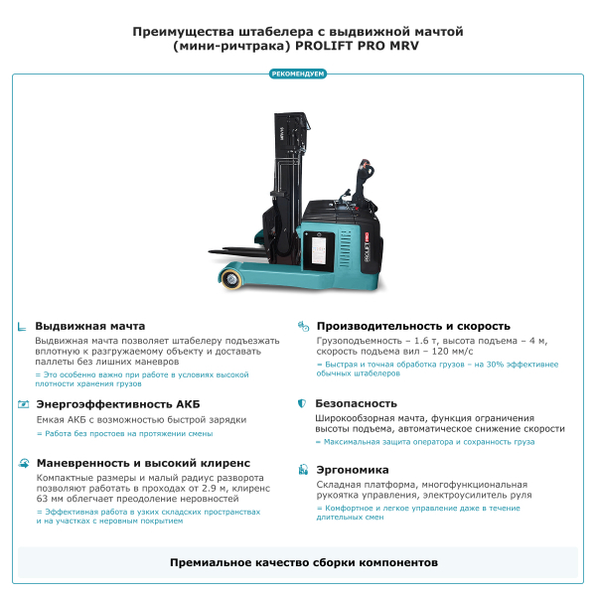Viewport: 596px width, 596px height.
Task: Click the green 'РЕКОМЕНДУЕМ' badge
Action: [x=298, y=74]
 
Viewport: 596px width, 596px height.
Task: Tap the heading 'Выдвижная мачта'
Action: [x=90, y=326]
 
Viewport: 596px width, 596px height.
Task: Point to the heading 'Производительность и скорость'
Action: [x=412, y=326]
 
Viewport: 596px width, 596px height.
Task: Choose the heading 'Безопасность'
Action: [x=356, y=404]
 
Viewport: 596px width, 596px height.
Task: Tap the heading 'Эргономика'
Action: [x=352, y=470]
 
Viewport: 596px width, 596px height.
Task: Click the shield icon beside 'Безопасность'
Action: [x=302, y=404]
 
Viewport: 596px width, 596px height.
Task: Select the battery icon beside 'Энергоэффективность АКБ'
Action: [x=23, y=404]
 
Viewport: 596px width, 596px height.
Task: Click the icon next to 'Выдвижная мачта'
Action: [x=23, y=326]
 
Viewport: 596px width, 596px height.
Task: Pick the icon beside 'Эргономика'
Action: [x=302, y=470]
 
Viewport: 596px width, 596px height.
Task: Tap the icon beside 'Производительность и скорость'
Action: [x=302, y=326]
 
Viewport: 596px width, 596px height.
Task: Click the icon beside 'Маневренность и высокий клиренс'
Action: [x=23, y=463]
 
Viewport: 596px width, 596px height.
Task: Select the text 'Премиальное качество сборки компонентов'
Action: [x=298, y=562]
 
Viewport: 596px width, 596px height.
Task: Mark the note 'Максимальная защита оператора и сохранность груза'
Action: [x=428, y=441]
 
